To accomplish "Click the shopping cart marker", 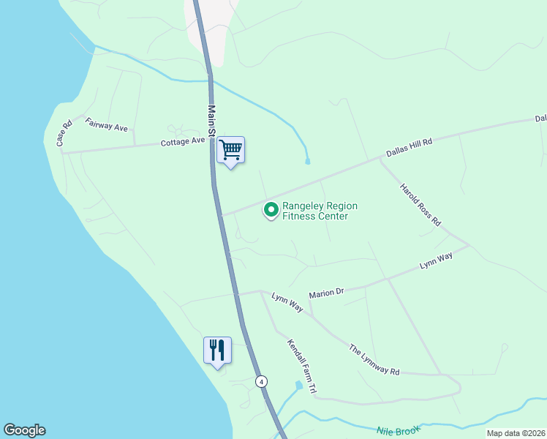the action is point(230,150).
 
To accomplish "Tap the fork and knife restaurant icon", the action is point(217,350).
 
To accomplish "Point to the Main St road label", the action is point(211,121).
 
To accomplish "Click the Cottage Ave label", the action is point(184,141).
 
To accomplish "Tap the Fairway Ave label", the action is point(107,125).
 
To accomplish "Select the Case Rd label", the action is point(64,132).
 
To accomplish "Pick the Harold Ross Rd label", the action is point(420,204).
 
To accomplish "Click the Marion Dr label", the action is point(326,293).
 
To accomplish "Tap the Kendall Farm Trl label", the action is point(301,367).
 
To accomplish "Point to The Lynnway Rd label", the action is point(374,360).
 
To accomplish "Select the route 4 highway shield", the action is point(261,381).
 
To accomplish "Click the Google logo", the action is point(24,430).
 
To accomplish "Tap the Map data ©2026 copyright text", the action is point(515,433).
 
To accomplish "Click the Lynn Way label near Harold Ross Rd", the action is point(436,261).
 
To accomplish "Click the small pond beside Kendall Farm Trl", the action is point(298,385).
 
